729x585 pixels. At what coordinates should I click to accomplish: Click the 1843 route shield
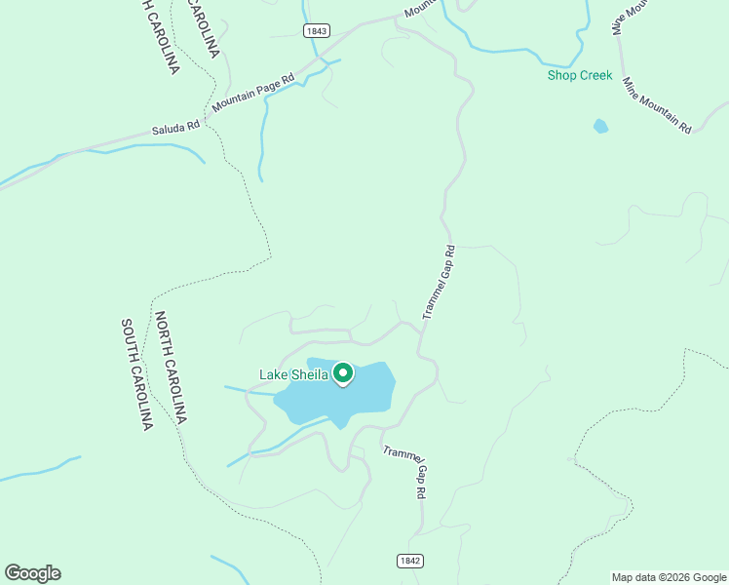click(x=316, y=31)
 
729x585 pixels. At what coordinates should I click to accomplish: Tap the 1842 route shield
click(x=410, y=561)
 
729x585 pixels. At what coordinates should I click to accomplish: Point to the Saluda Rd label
click(x=175, y=126)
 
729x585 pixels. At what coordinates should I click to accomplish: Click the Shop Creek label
click(x=580, y=75)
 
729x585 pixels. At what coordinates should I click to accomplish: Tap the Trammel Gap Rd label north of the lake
click(x=439, y=283)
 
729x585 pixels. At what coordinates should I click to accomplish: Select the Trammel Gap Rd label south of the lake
click(x=405, y=472)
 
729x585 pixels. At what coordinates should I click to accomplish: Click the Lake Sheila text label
click(x=295, y=373)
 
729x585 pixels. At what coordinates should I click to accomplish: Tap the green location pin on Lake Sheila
click(x=343, y=372)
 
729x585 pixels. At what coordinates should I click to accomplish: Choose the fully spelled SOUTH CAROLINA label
click(x=137, y=374)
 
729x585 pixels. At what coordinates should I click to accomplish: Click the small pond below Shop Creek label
click(x=600, y=126)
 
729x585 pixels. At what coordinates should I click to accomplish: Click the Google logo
click(x=32, y=573)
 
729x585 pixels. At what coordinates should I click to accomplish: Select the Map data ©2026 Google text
click(x=669, y=577)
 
